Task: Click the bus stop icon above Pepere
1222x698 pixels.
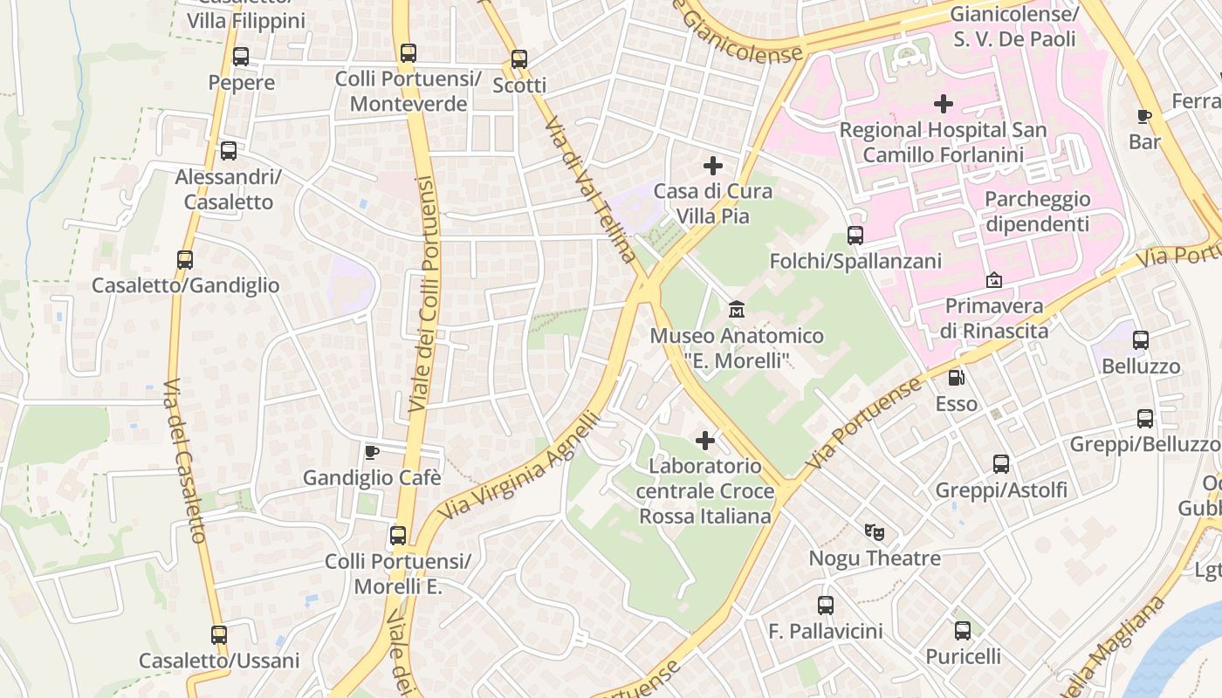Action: tap(241, 57)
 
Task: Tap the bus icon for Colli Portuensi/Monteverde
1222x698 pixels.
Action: tap(408, 53)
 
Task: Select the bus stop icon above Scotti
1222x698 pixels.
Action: tap(519, 59)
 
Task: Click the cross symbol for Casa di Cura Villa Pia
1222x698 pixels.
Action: tap(713, 165)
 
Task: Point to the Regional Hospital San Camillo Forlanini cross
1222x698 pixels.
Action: tap(943, 104)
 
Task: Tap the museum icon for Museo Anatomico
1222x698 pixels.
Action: tap(736, 310)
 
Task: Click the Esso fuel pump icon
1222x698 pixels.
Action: tap(957, 378)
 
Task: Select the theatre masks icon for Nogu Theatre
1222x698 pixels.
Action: tap(874, 531)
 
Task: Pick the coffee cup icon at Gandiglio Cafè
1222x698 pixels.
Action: tap(372, 452)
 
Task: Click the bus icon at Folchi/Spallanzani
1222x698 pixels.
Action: tap(855, 236)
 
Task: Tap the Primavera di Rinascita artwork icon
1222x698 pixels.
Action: tap(993, 280)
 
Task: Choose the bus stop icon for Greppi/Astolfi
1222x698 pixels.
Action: tap(1001, 464)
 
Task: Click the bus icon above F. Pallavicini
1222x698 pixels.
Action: tap(826, 605)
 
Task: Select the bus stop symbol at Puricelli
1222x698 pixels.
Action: tap(963, 630)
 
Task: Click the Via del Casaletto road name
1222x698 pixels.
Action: tap(185, 461)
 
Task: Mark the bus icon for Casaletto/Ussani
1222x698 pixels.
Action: tap(219, 635)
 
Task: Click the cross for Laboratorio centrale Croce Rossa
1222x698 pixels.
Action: tap(705, 441)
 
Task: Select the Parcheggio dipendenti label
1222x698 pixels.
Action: tap(1037, 211)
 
